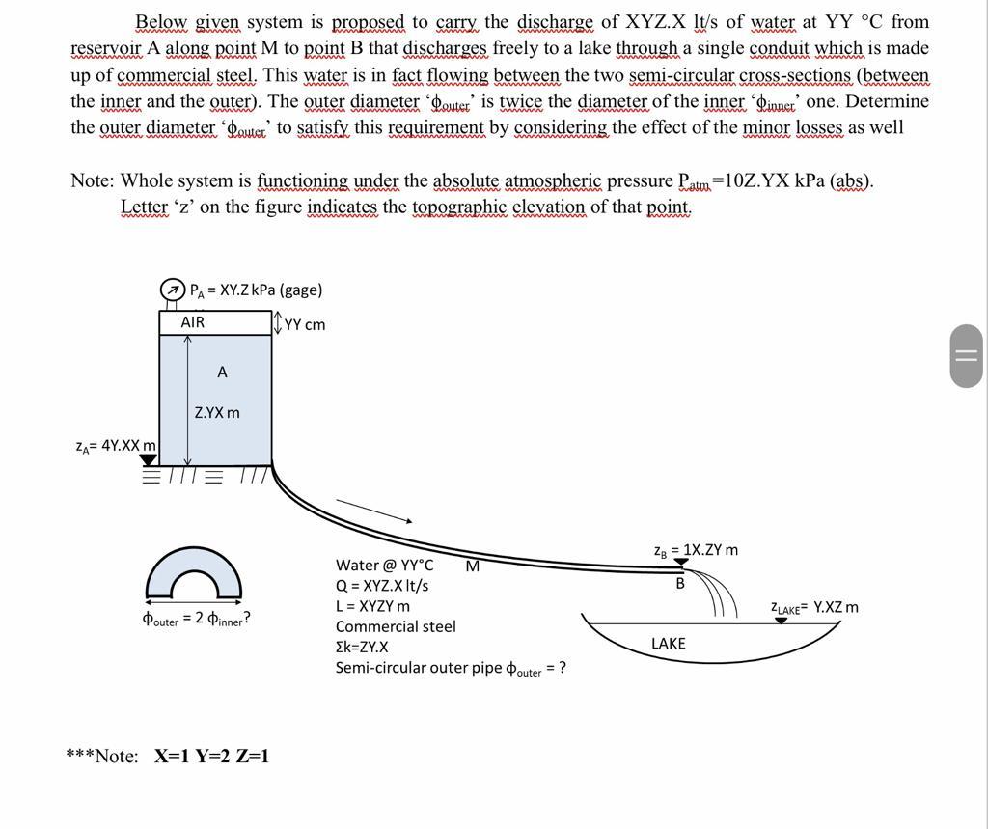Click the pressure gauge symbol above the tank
tap(172, 290)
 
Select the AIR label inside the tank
tap(193, 322)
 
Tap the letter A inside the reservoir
tap(222, 372)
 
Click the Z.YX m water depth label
tap(217, 413)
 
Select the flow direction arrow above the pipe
tap(373, 511)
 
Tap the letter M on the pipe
tap(472, 566)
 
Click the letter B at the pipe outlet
tap(680, 583)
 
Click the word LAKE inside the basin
tap(669, 644)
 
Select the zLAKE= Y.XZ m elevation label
tap(813, 607)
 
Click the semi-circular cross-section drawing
tap(194, 575)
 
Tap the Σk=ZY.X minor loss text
tap(362, 647)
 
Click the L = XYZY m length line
tap(372, 606)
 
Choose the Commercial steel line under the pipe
tap(396, 626)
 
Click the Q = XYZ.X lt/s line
tap(382, 586)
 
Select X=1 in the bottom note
tap(171, 756)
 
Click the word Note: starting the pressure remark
tap(93, 180)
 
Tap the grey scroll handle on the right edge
tap(966, 356)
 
